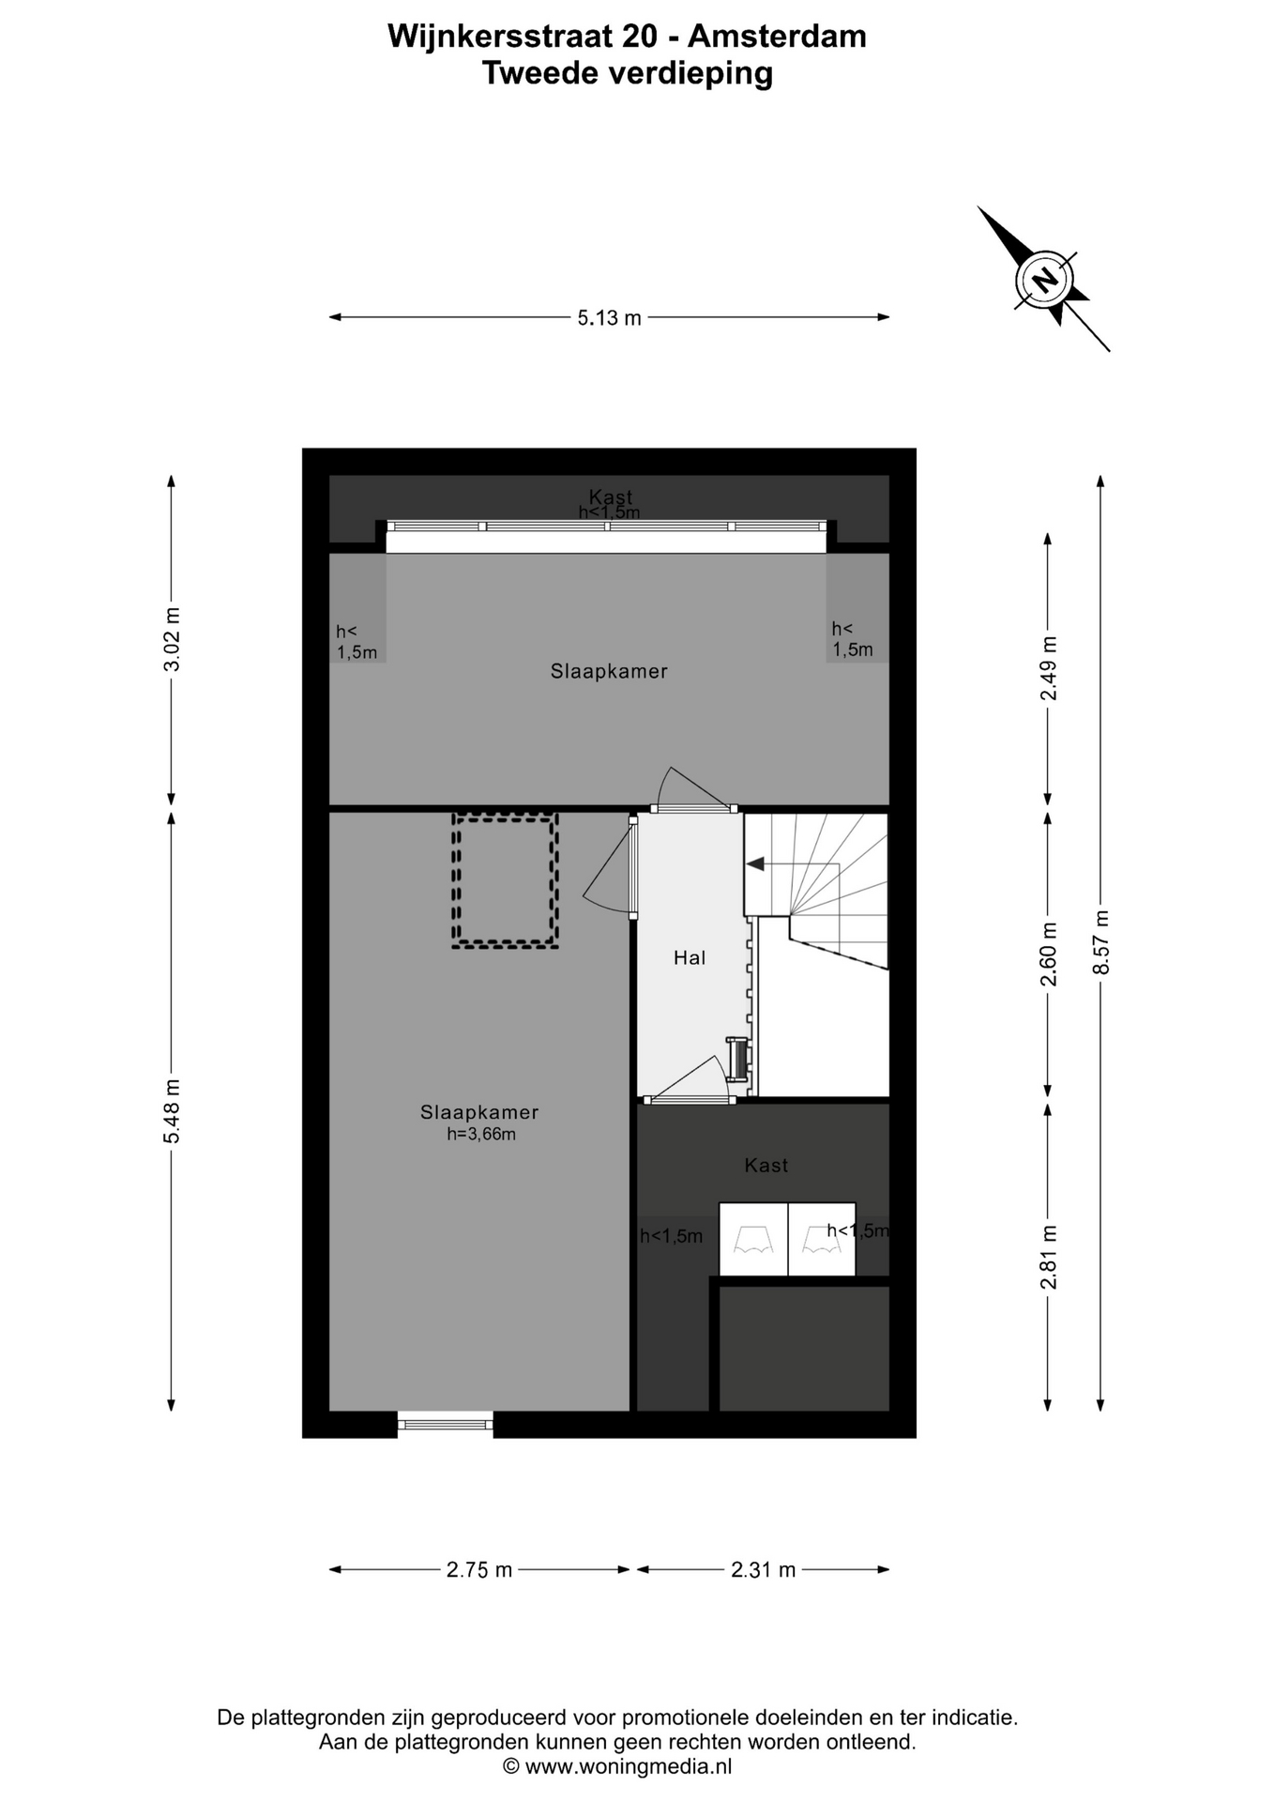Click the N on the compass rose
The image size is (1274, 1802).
click(1043, 279)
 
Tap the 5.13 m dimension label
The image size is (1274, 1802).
click(609, 318)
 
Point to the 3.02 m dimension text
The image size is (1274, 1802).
click(172, 639)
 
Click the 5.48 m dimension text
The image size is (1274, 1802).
click(172, 1111)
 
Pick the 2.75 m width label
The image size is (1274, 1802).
click(479, 1569)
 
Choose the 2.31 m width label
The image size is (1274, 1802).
click(764, 1569)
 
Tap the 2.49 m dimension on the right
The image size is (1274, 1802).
click(1049, 668)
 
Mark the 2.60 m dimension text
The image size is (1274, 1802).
click(1049, 954)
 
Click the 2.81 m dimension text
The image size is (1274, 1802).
click(1049, 1257)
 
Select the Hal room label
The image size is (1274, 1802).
click(690, 957)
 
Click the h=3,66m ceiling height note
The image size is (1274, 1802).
click(481, 1134)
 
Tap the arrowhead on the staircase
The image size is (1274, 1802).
click(754, 864)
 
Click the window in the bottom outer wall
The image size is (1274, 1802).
click(446, 1425)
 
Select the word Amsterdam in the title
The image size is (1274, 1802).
click(777, 37)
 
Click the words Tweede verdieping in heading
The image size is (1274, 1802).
click(628, 72)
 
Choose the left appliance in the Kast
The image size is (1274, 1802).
click(753, 1239)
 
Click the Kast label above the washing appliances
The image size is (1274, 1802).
click(766, 1165)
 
